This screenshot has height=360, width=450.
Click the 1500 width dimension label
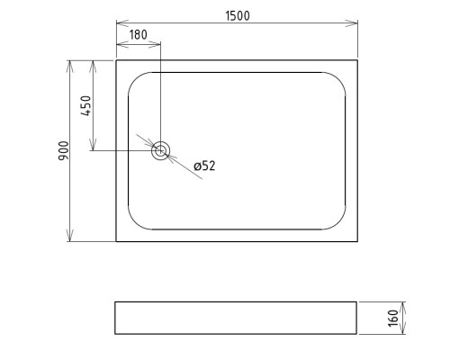coord(238,16)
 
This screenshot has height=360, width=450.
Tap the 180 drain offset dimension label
coord(139,35)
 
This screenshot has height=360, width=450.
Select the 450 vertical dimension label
coord(85,105)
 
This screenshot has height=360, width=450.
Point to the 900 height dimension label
coord(64,150)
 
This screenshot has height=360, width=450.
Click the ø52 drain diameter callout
coord(204,166)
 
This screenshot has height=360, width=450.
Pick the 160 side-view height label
coord(393,319)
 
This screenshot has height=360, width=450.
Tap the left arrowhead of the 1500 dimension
coord(122,22)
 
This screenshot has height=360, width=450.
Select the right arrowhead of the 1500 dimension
coord(351,23)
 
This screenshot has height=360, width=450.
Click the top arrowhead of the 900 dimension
coord(70,67)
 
